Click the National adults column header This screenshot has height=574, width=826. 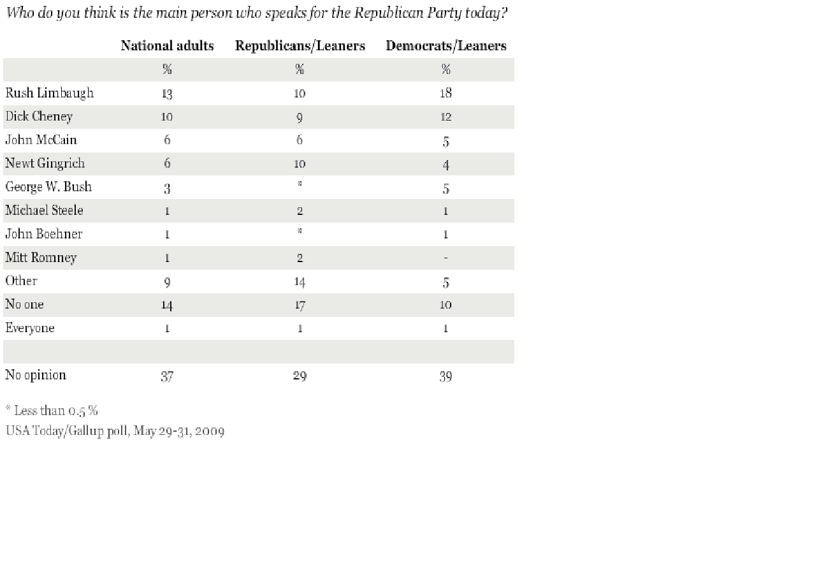tap(167, 46)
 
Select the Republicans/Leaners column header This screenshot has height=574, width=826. tap(300, 46)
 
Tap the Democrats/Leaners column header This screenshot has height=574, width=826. tap(446, 46)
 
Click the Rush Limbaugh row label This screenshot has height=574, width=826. tap(49, 93)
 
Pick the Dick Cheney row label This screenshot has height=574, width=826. tap(39, 117)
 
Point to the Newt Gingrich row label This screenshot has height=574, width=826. tap(45, 163)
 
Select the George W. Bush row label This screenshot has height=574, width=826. tap(48, 187)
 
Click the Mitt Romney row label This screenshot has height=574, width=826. tap(41, 258)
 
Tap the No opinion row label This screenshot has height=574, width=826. tap(36, 375)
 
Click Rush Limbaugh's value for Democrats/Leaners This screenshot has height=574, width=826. tap(446, 93)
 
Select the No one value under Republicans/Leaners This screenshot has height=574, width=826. tap(300, 305)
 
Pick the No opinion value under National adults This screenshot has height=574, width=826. tap(167, 376)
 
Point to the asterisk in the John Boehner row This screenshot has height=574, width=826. tap(300, 233)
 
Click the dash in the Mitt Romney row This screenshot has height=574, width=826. tap(446, 258)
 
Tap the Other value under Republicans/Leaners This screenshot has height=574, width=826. tap(300, 281)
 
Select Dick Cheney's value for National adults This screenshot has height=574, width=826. tap(167, 117)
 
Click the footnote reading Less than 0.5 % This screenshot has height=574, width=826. tap(52, 410)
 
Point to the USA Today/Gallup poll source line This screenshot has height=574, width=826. tap(115, 431)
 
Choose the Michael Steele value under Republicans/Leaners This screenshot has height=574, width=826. tap(300, 210)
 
